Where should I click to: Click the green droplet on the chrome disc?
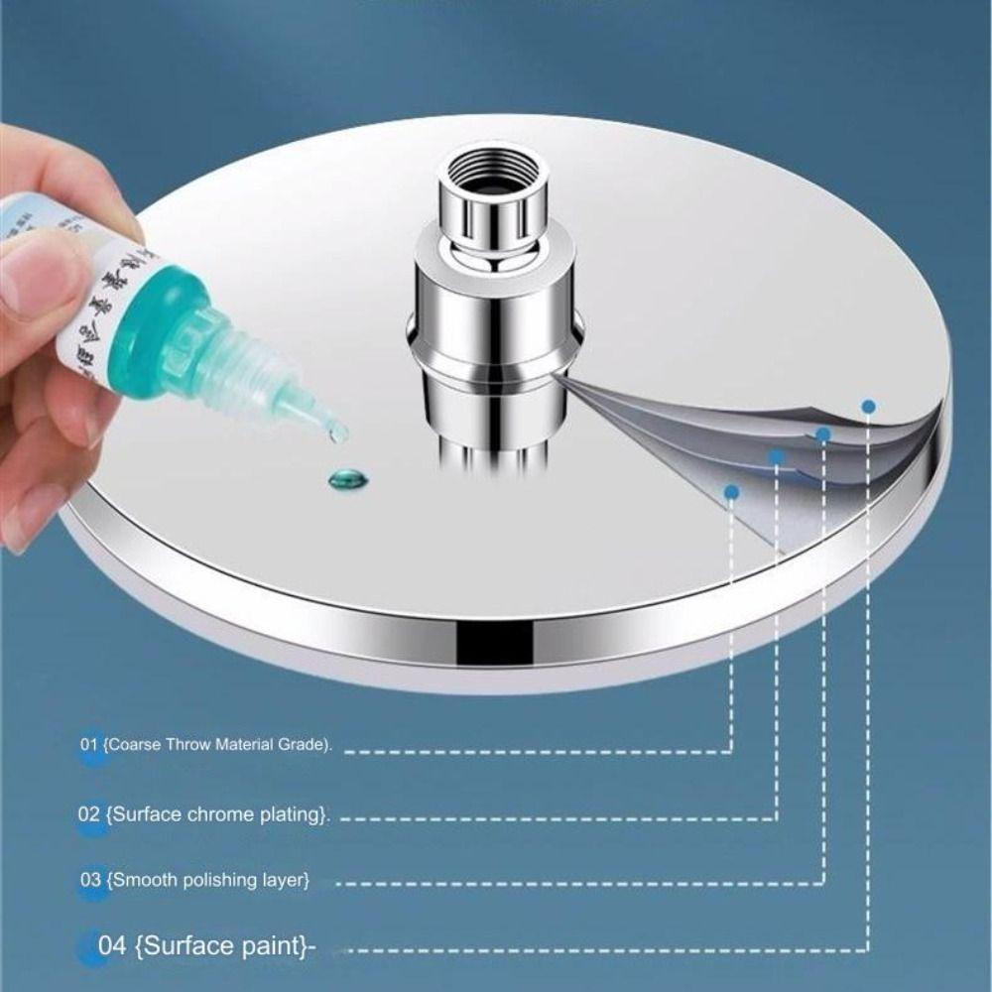tap(347, 479)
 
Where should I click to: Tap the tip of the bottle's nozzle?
tap(337, 432)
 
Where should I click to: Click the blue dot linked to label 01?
tap(732, 491)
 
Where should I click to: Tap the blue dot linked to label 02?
tap(777, 457)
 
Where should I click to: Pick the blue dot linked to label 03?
tap(822, 434)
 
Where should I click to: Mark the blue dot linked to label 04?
tap(868, 406)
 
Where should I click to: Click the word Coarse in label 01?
tap(132, 745)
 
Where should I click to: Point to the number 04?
tap(112, 944)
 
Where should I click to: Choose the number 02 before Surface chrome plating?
tap(89, 814)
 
